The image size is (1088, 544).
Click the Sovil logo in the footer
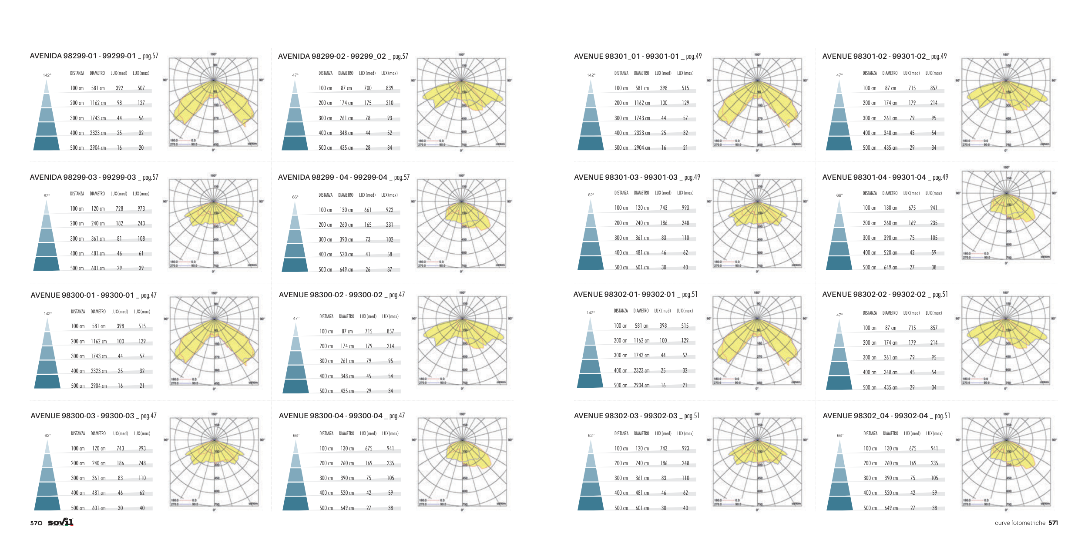point(60,522)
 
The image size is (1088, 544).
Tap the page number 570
point(36,523)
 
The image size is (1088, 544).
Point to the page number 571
point(1053,523)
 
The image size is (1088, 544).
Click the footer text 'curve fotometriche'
point(1020,523)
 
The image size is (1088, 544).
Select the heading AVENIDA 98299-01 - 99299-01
point(83,56)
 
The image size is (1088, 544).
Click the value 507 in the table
point(141,88)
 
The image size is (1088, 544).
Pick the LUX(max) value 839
point(390,88)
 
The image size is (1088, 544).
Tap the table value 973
point(141,209)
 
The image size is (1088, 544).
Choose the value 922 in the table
point(390,210)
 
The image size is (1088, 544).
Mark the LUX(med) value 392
point(119,88)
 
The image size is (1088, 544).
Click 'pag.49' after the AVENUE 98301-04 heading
point(940,178)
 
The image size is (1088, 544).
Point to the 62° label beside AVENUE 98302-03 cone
point(591,436)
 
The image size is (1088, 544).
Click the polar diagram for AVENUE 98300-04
point(462,462)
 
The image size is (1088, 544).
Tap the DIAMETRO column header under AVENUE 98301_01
point(641,73)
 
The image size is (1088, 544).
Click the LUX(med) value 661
point(368,210)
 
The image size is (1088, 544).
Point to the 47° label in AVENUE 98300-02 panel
point(296,319)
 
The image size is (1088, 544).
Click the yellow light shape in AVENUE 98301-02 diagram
point(1005,96)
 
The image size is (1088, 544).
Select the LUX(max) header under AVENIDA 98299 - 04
point(390,195)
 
